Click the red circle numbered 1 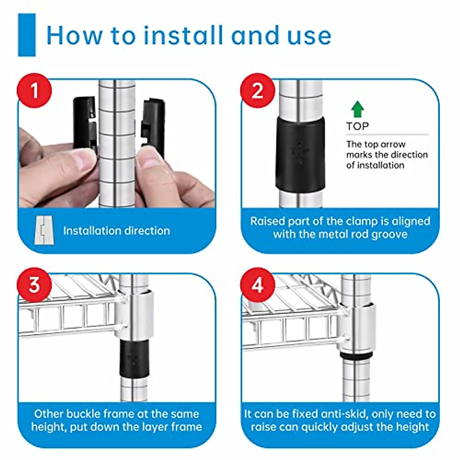34,90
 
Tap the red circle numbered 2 257,90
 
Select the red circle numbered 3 34,285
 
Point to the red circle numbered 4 257,285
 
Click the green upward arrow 357,109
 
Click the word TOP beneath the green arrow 357,126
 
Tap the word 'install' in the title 183,35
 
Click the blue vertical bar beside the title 27,35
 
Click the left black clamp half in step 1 85,124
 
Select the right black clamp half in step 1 153,127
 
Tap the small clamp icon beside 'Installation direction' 44,230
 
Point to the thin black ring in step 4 356,355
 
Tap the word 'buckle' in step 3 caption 84,414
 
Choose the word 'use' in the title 310,38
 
